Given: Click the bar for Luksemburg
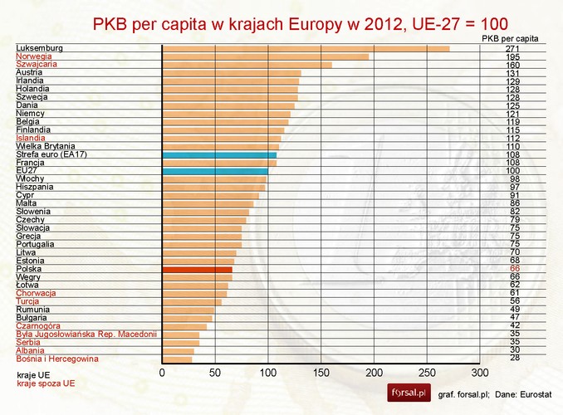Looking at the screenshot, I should pyautogui.click(x=306, y=48).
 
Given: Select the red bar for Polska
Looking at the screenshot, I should pyautogui.click(x=197, y=269).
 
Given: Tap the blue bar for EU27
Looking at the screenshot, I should pyautogui.click(x=215, y=171).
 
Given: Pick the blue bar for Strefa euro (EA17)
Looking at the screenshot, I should pyautogui.click(x=219, y=154).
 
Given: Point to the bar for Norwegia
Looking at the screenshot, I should pyautogui.click(x=265, y=56).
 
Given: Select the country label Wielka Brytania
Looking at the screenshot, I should pyautogui.click(x=45, y=146).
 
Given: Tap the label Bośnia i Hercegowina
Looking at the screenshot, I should pyautogui.click(x=57, y=359).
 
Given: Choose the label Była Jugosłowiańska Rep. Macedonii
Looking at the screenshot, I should pyautogui.click(x=86, y=334).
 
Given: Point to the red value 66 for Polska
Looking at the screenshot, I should pyautogui.click(x=514, y=269).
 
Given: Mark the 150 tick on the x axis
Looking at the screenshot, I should pyautogui.click(x=321, y=373).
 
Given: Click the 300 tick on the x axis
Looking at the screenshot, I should pyautogui.click(x=479, y=373).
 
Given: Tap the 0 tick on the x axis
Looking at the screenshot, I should pyautogui.click(x=162, y=373).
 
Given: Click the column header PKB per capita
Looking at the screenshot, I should pyautogui.click(x=510, y=38).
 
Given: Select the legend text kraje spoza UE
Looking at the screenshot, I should pyautogui.click(x=46, y=384).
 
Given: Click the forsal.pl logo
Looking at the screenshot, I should pyautogui.click(x=408, y=391).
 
